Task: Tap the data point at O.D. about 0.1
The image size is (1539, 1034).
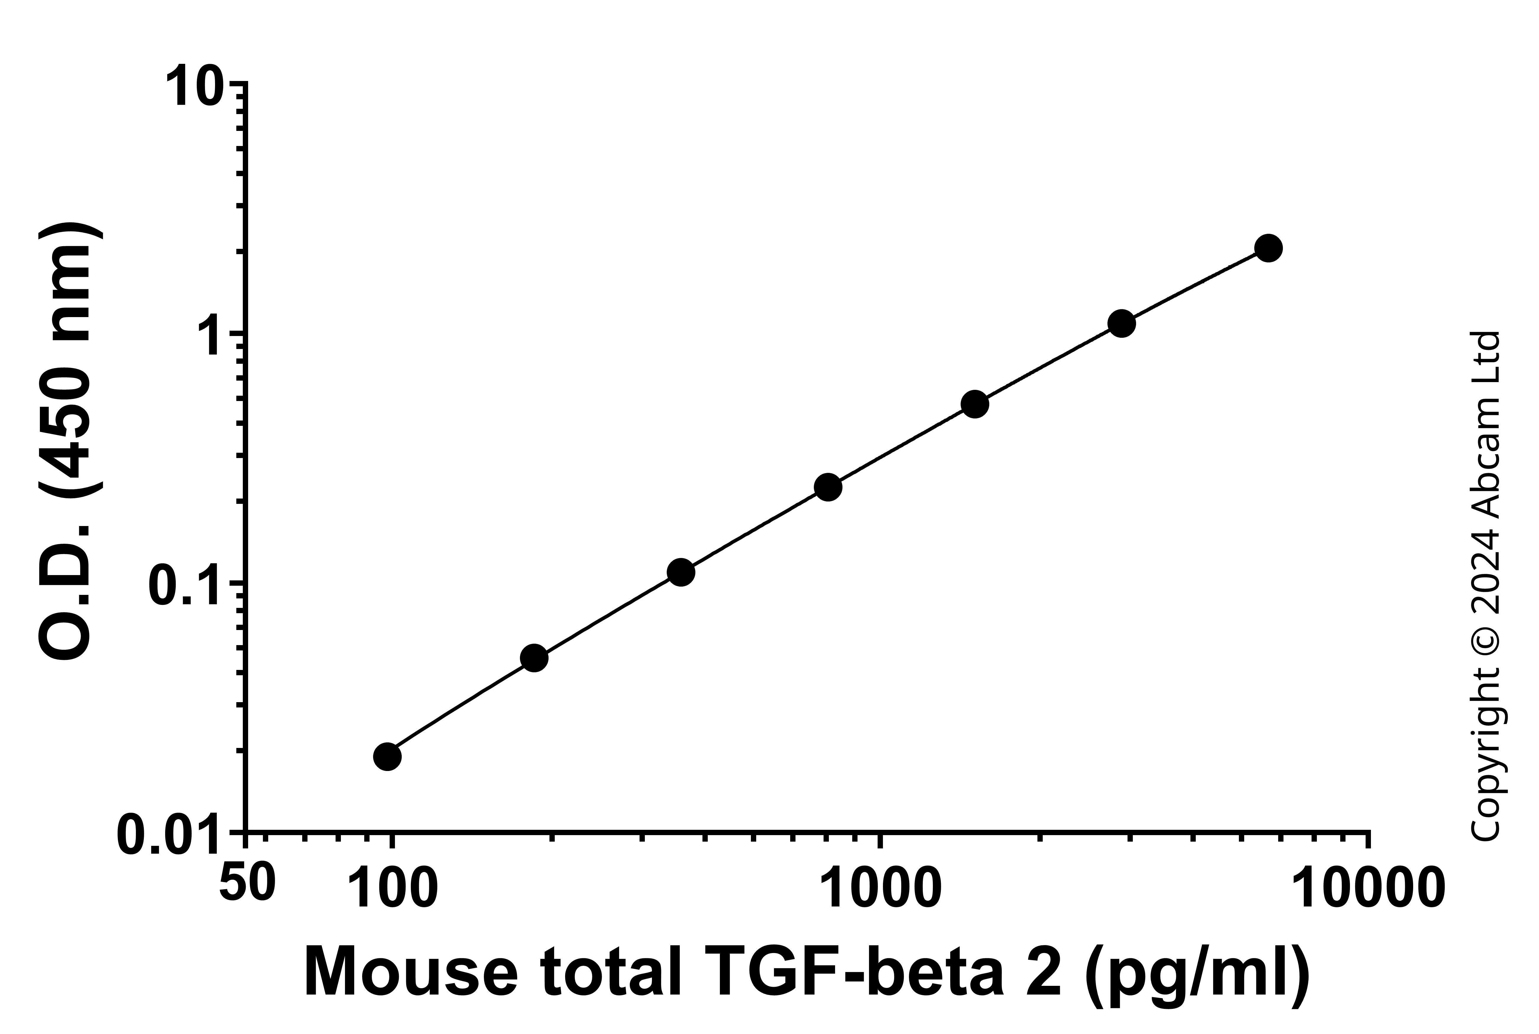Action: [x=681, y=572]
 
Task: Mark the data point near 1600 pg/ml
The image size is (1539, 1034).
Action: [x=975, y=404]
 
